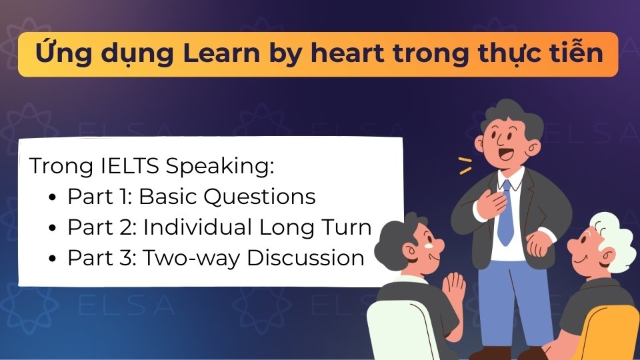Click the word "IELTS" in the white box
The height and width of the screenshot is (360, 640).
(x=129, y=166)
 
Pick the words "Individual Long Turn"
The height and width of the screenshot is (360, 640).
(x=257, y=227)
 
